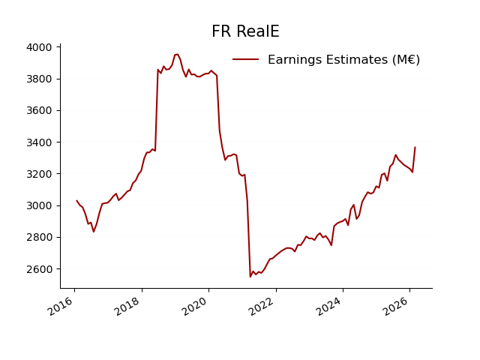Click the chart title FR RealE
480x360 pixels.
point(245,31)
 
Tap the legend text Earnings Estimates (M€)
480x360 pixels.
point(343,60)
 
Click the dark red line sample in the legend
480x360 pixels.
point(246,60)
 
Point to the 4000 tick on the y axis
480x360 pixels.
point(39,47)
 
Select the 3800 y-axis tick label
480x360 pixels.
point(39,79)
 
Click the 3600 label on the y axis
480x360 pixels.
point(39,111)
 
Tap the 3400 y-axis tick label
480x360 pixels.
point(39,142)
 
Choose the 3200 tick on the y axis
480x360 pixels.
point(39,174)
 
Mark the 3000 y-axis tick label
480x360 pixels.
point(39,205)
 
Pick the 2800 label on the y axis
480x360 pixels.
point(39,238)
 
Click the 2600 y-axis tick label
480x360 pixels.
point(39,269)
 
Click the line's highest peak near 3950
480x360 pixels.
point(176,54)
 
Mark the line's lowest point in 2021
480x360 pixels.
point(250,277)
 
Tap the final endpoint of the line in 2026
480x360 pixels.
point(415,147)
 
